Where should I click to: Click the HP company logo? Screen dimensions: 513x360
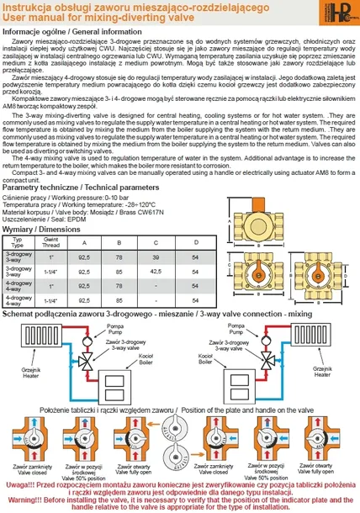point(341,16)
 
